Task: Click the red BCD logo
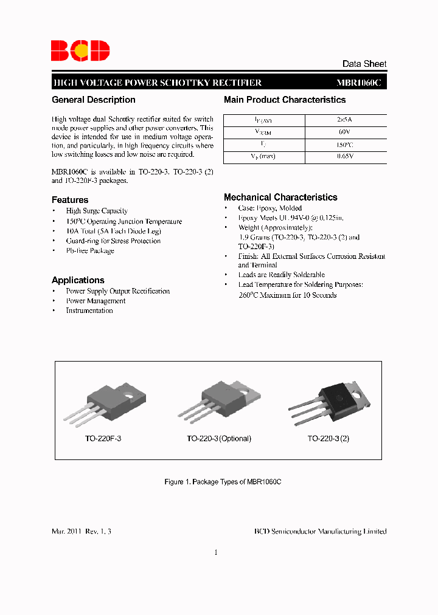(80, 50)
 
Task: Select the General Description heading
(94, 100)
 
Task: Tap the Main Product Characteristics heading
(285, 100)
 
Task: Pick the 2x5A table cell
(344, 120)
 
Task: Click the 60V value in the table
(344, 132)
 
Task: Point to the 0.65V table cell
(344, 157)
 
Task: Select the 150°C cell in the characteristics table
(344, 145)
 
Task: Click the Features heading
(70, 200)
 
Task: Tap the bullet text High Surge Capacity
(97, 211)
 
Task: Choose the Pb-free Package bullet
(90, 250)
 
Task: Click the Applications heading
(78, 280)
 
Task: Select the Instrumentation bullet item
(89, 311)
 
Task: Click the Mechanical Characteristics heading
(280, 198)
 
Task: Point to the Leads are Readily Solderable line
(281, 275)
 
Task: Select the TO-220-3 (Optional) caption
(218, 439)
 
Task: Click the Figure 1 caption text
(223, 482)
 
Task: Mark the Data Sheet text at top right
(364, 64)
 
